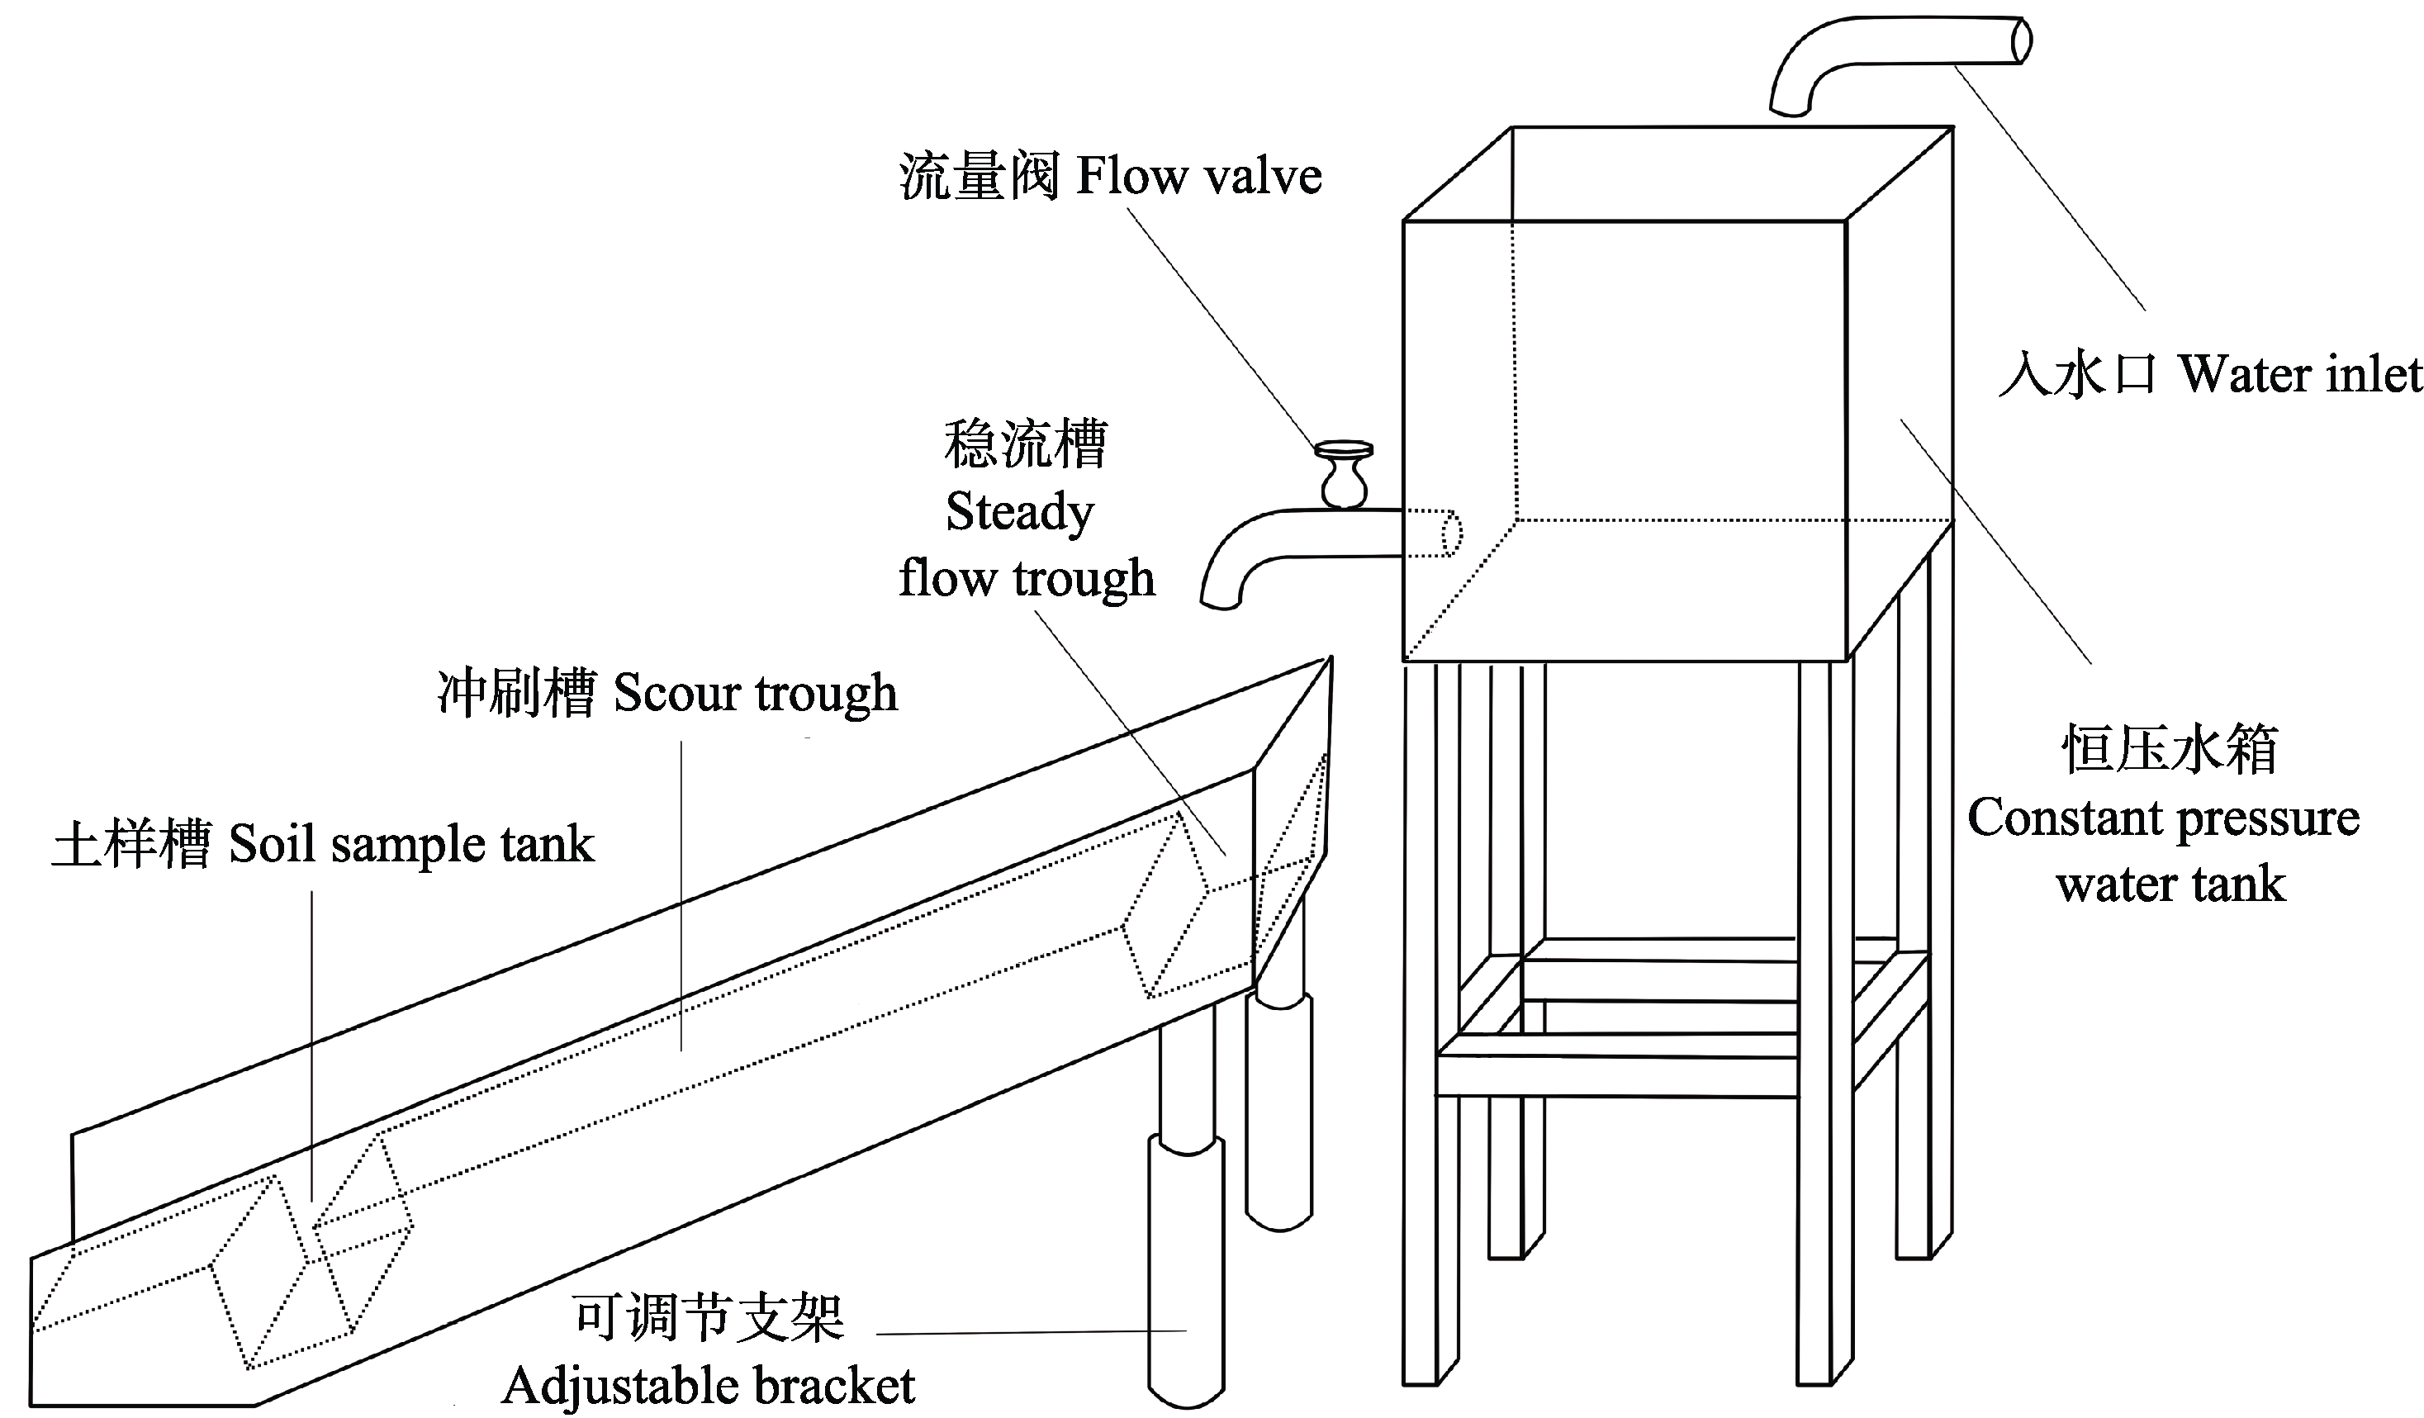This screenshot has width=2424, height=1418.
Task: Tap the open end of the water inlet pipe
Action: pyautogui.click(x=2022, y=41)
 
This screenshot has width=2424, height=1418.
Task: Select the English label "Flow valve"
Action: pyautogui.click(x=1198, y=177)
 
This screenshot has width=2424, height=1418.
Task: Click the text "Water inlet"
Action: pyautogui.click(x=2299, y=374)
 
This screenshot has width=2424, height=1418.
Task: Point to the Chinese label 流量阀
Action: pyautogui.click(x=980, y=177)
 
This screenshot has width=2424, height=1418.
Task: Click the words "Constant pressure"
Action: pyautogui.click(x=2163, y=818)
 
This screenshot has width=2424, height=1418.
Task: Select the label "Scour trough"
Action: pyautogui.click(x=755, y=693)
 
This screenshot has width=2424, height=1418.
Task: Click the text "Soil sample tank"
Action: pyautogui.click(x=411, y=845)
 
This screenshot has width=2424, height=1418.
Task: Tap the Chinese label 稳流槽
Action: pyautogui.click(x=1026, y=443)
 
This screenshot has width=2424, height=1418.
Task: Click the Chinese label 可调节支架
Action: pyautogui.click(x=709, y=1317)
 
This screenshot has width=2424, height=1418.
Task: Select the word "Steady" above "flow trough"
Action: pyautogui.click(x=1020, y=512)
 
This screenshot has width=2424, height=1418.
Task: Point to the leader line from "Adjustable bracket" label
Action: pyautogui.click(x=1029, y=1332)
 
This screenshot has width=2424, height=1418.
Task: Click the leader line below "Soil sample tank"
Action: pyautogui.click(x=311, y=1039)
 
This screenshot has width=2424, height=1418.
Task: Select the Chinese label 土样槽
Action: pyautogui.click(x=130, y=845)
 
